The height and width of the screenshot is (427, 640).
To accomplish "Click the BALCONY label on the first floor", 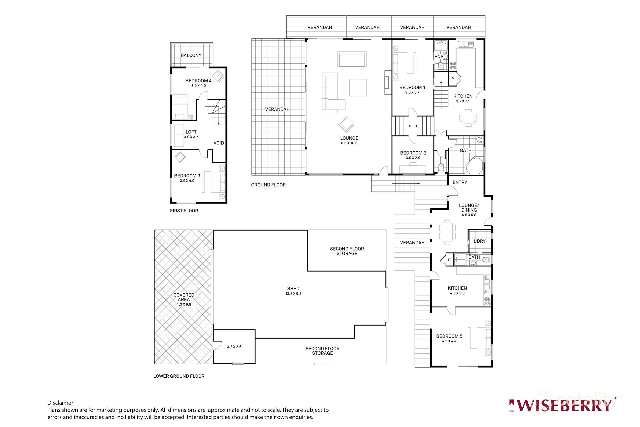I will tap(191, 55).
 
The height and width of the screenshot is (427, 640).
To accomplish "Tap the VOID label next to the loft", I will tap(219, 143).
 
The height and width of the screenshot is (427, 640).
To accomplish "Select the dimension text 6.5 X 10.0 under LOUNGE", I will tap(349, 143).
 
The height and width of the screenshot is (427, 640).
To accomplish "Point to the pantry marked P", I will tap(453, 79).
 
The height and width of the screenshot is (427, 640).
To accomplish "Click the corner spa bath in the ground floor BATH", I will tap(475, 166).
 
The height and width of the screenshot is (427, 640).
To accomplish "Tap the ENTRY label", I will tap(460, 182).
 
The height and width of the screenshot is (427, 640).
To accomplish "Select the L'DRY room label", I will tap(480, 241).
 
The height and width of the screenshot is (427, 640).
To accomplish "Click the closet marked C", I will tap(449, 260).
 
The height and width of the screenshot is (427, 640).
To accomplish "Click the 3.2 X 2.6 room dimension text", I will tap(234, 347).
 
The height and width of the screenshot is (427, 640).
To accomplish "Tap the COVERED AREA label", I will tap(184, 297).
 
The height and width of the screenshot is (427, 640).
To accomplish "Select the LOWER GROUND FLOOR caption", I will tap(179, 376).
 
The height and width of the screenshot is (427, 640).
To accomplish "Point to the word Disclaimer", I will tap(60, 403).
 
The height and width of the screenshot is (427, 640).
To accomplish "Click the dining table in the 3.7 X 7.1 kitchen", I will tap(468, 118).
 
